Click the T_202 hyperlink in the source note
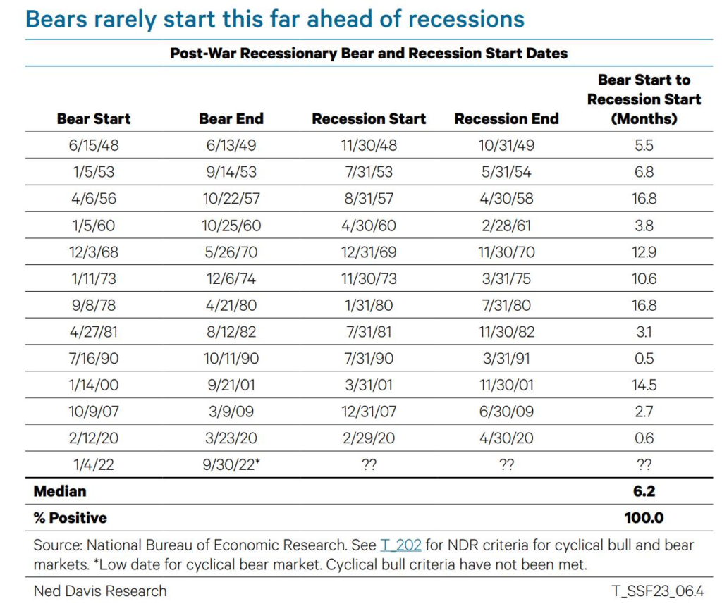point(400,545)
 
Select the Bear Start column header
point(94,118)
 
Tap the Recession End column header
point(506,118)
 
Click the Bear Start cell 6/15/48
point(94,145)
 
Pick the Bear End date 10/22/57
point(231,199)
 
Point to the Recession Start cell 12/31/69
point(369,252)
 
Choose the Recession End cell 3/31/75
point(506,279)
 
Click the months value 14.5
point(644,385)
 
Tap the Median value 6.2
point(644,491)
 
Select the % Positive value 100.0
point(644,518)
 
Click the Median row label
point(60,491)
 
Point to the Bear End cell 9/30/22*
point(231,464)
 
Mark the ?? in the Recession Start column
point(369,464)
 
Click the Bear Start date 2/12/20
point(94,438)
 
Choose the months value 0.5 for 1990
point(644,359)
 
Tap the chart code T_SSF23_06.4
point(658,591)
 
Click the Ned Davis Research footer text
point(100,591)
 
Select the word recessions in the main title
point(467,20)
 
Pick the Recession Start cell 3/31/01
point(369,385)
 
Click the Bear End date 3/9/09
point(231,412)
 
